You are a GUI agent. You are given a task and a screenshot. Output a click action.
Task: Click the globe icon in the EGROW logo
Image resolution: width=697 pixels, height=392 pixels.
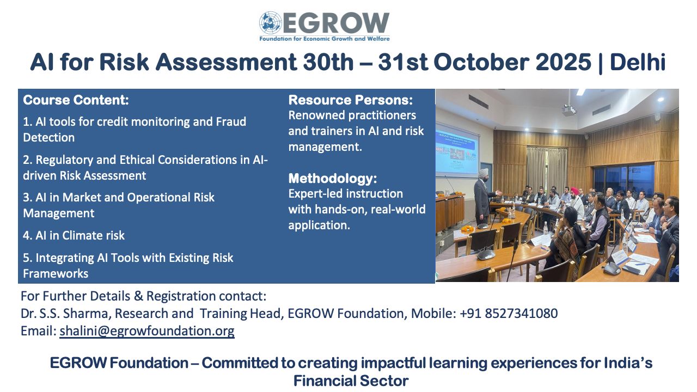270,23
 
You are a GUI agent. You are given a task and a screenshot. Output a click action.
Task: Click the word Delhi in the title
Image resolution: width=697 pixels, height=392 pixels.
638,62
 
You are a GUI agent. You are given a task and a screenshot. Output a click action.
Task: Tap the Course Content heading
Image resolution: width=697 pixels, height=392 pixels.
76,100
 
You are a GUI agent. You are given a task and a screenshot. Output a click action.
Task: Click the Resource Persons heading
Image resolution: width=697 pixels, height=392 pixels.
350,100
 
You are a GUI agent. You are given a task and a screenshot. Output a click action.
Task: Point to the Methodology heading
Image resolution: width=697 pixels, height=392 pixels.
333,179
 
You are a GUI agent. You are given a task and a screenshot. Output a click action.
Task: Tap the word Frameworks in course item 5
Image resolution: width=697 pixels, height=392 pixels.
56,274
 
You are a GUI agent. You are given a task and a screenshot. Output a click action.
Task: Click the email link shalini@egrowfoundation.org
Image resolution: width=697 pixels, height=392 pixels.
147,331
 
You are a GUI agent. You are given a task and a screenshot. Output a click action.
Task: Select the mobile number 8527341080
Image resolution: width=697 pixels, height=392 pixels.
521,314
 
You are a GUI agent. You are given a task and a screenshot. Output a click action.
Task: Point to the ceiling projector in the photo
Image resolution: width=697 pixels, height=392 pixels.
569,110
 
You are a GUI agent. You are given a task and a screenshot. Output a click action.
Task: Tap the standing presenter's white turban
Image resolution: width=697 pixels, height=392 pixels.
483,173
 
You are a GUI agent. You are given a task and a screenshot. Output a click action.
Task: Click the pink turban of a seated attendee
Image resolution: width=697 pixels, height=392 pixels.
574,191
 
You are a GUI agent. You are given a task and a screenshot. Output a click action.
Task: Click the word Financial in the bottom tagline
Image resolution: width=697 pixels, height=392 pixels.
323,381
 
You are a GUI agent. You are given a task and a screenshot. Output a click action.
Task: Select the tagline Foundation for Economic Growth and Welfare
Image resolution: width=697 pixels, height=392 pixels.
324,39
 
